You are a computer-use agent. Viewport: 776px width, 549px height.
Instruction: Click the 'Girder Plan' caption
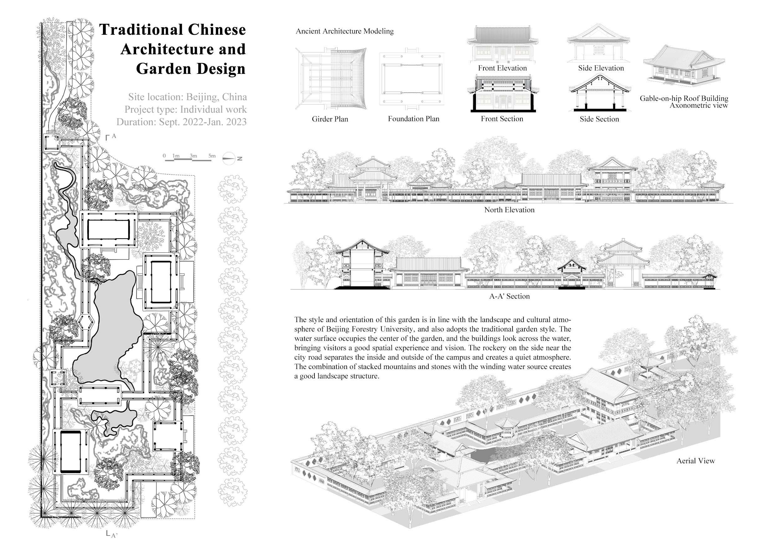point(329,119)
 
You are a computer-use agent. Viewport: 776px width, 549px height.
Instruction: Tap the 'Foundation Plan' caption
point(413,119)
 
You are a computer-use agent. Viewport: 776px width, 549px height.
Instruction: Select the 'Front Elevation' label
point(502,68)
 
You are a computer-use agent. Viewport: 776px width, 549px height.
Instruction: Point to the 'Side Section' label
point(599,119)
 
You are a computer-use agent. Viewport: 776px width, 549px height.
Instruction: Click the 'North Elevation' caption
point(509,210)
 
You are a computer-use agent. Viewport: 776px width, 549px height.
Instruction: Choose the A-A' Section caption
point(509,296)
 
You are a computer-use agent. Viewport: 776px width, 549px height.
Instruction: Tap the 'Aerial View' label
point(696,461)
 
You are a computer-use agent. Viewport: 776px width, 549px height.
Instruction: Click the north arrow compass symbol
point(229,158)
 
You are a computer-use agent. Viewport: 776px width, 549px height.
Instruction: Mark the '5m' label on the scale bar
point(212,156)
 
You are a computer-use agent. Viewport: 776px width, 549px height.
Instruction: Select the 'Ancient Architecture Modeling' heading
point(345,31)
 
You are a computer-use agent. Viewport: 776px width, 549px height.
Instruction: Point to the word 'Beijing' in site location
point(202,97)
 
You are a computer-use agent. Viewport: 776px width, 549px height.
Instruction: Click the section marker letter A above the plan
point(114,136)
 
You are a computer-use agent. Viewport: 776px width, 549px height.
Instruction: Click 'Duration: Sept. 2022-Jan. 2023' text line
point(181,122)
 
